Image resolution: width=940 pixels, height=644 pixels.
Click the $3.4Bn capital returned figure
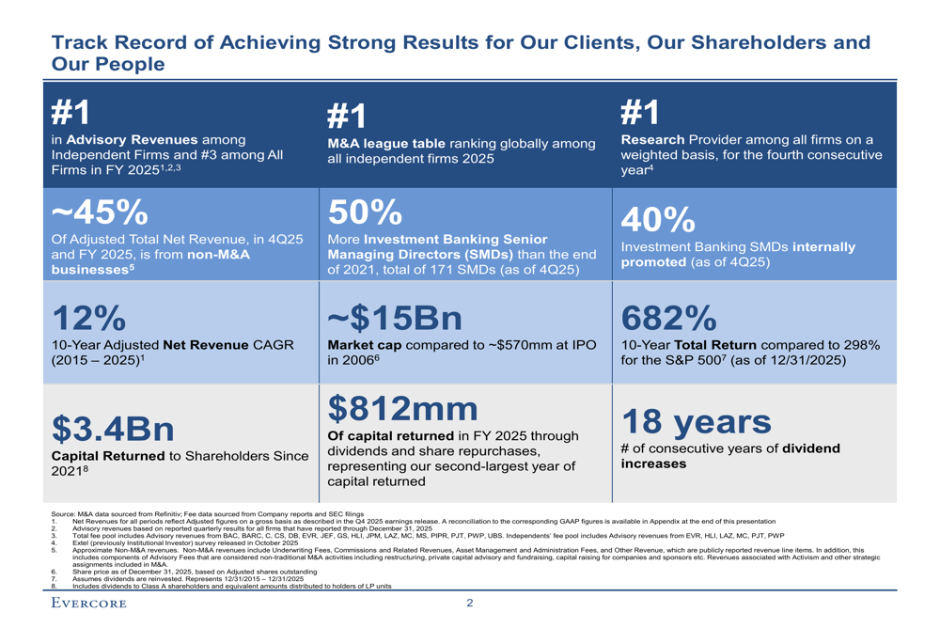pyautogui.click(x=112, y=429)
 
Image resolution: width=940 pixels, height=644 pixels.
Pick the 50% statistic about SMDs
pyautogui.click(x=366, y=212)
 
